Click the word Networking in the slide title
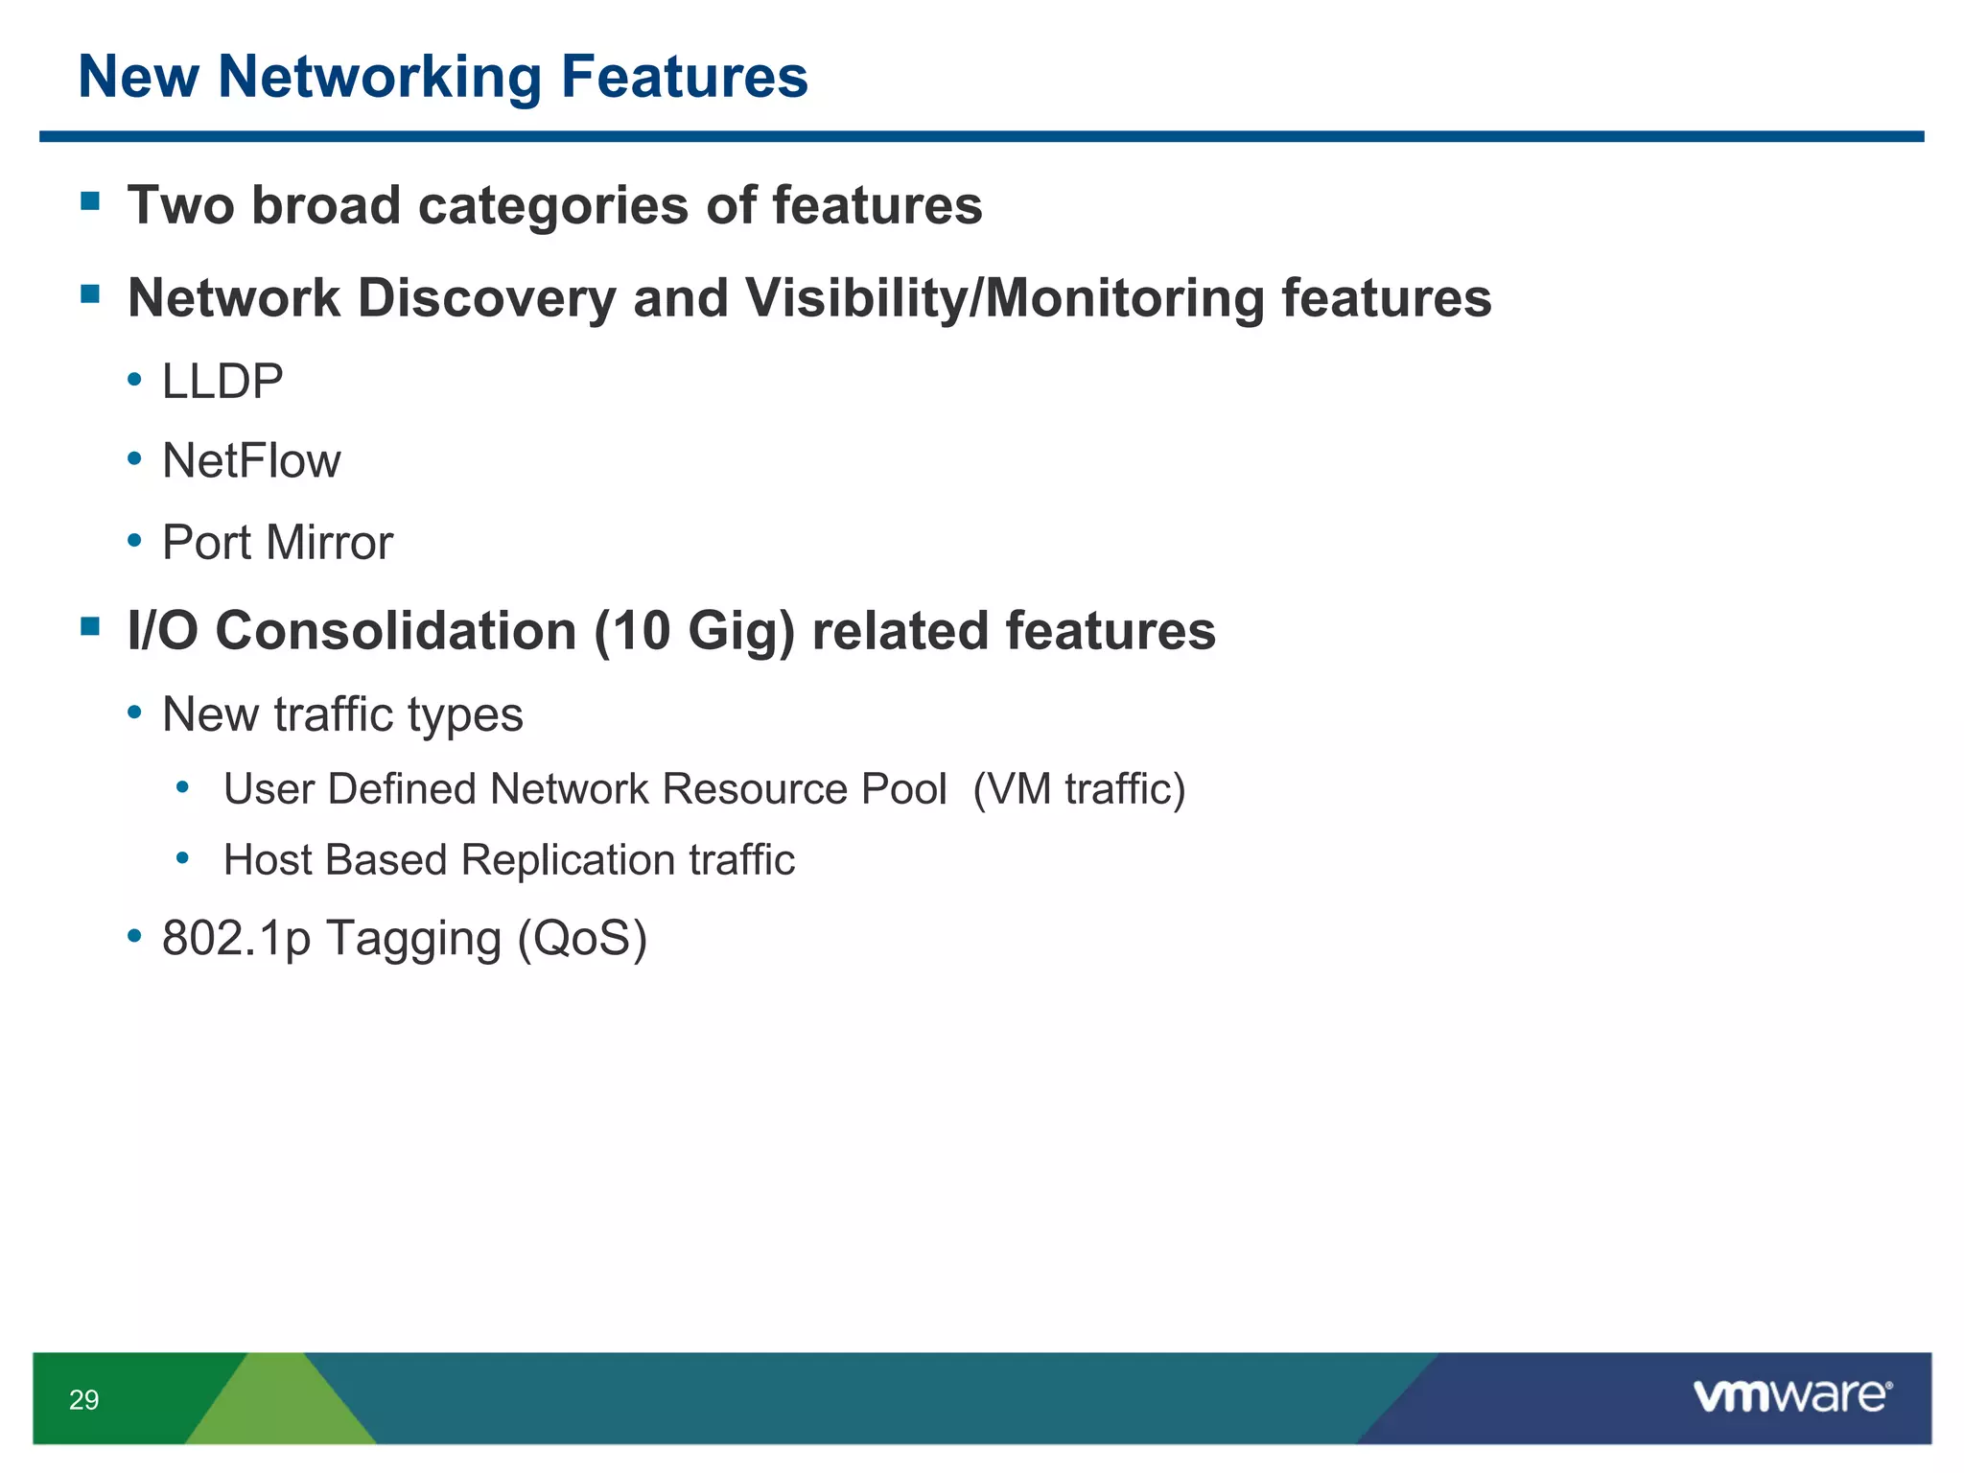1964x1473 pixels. click(380, 78)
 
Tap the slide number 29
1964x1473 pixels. click(84, 1400)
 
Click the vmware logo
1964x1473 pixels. click(1791, 1396)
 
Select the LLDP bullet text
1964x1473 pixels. click(222, 382)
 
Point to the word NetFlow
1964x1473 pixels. click(251, 461)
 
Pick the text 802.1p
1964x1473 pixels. click(236, 938)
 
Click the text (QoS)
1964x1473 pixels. click(582, 938)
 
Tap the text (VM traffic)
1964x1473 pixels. click(1079, 789)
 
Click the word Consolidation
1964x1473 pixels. click(396, 632)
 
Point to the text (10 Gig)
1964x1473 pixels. click(694, 632)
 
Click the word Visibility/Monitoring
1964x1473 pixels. click(1005, 298)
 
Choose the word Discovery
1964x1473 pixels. click(486, 298)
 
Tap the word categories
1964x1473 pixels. click(553, 206)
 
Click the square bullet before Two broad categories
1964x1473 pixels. click(91, 201)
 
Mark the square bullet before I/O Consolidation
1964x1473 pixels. click(91, 627)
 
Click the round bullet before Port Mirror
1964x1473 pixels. click(135, 541)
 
